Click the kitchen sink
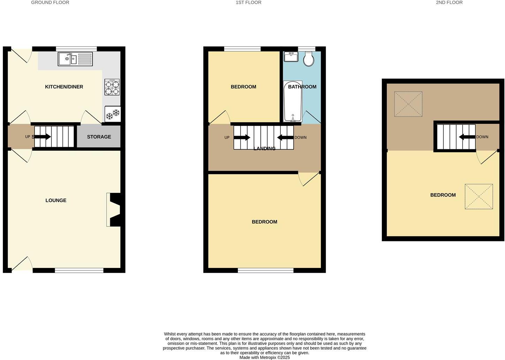75,59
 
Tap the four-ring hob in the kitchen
112,87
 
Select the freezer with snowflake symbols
112,114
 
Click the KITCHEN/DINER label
64,87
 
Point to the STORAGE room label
99,137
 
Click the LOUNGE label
56,201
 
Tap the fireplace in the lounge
114,210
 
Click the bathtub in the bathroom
292,101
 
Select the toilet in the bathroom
308,59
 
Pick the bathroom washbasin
291,57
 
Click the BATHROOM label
302,87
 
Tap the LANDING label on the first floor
264,149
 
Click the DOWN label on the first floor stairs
300,137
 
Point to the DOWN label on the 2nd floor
482,137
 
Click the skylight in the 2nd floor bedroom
478,197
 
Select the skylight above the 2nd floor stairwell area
408,104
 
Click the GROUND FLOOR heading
50,2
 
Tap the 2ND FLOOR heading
449,2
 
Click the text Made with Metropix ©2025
264,357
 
